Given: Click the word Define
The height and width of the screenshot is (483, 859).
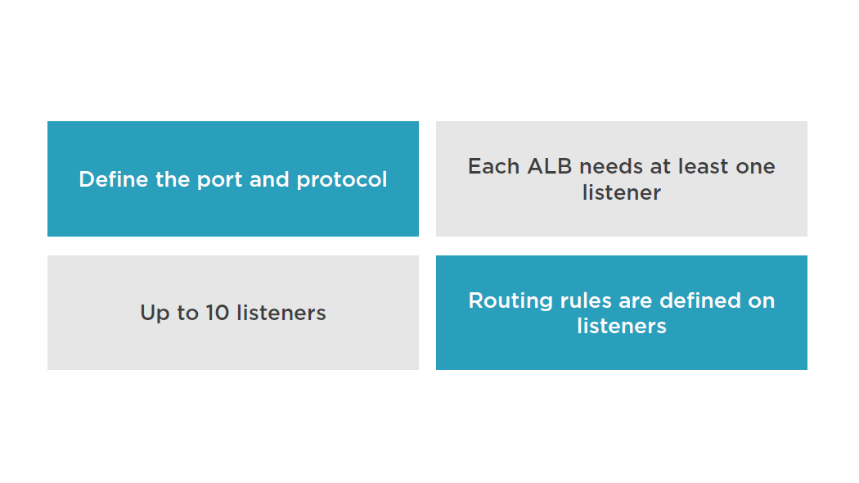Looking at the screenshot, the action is pos(114,179).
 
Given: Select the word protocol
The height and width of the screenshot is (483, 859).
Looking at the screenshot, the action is pos(342,180).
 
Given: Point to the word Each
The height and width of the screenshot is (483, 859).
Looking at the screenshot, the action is pos(493,166).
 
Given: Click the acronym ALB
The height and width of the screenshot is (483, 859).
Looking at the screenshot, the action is pos(550,166).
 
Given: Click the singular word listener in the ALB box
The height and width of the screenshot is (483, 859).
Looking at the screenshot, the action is pos(622,192).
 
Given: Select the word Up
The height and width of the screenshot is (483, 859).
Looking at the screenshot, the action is pos(155,314).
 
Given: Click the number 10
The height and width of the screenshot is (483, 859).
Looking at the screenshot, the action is pos(218,313).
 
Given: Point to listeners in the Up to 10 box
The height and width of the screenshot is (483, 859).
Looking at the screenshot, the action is pos(281,313).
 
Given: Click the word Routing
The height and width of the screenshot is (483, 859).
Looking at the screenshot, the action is pos(510,301).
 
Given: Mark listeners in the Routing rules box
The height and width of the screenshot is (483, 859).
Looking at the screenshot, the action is pos(622,326).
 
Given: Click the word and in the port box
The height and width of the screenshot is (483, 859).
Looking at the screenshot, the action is pos(269,179).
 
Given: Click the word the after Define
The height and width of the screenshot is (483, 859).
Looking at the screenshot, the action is pos(173,179).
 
